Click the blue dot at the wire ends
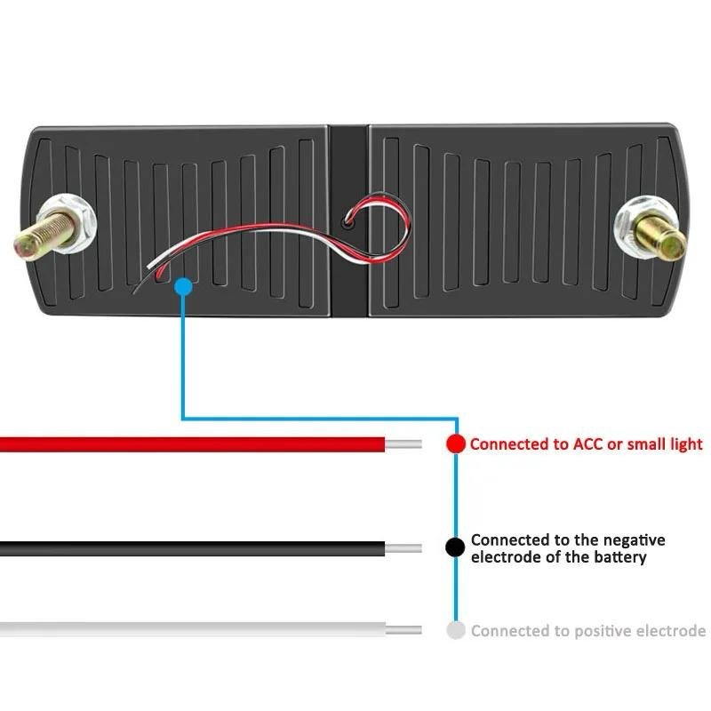[183, 287]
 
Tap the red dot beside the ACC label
[456, 443]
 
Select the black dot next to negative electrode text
[455, 547]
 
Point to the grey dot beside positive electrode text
[456, 630]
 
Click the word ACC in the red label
[588, 443]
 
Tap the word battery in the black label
[619, 557]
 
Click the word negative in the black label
[635, 540]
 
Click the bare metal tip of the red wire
[403, 444]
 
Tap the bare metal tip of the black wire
[403, 548]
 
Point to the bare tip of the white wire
[403, 630]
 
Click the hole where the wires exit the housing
[348, 222]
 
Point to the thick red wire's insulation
[192, 444]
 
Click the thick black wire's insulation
[192, 548]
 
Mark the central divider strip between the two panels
[348, 220]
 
